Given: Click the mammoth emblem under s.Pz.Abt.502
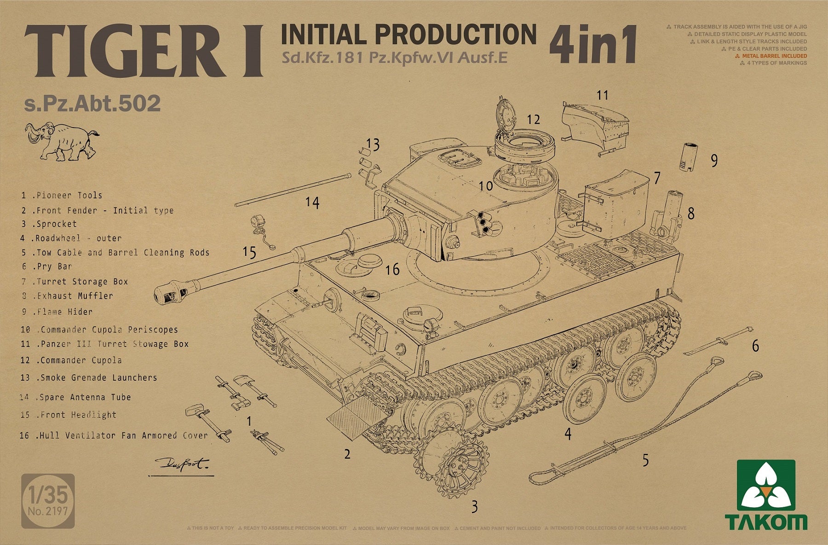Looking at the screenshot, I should click(62, 141).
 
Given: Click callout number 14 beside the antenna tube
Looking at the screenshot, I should click(312, 203).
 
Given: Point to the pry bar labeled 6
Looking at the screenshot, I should click(718, 342).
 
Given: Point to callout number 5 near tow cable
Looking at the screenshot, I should click(645, 460).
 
